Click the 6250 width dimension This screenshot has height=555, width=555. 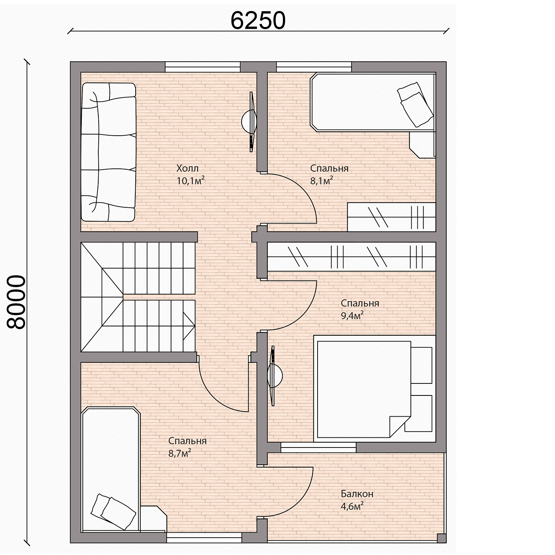258,20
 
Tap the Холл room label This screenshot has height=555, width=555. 187,168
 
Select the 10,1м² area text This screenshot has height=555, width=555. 190,181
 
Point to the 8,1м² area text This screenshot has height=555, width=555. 322,181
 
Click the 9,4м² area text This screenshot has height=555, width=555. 352,316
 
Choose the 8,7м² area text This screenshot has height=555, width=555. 180,454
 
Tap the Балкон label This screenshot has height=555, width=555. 357,494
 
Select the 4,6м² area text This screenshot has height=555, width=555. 352,506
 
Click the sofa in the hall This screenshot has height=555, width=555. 108,152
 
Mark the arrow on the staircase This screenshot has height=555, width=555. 188,326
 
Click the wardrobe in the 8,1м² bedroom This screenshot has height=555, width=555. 392,217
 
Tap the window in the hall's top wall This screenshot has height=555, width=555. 202,67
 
